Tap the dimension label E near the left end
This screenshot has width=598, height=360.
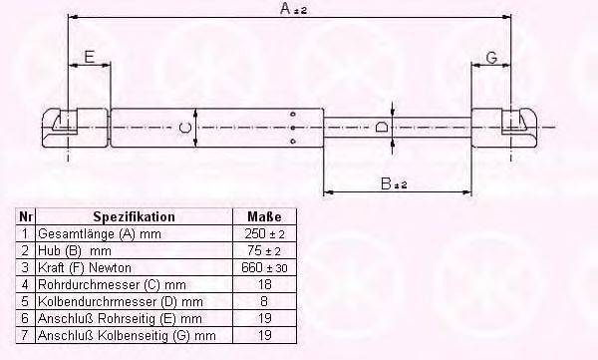(x=89, y=57)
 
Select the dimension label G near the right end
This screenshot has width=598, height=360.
(x=490, y=57)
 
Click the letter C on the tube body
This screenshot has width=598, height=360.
(x=183, y=129)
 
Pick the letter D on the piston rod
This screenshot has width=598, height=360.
(x=382, y=128)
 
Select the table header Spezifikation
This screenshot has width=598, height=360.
(x=134, y=216)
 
